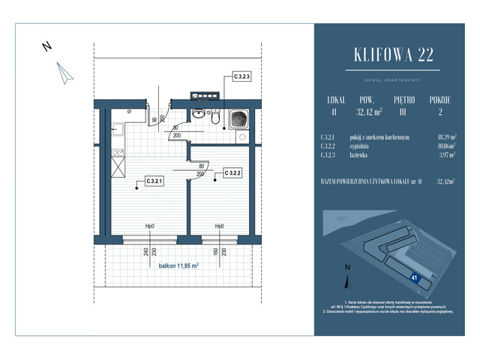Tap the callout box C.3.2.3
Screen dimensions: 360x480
241,76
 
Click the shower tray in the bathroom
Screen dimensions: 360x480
238,118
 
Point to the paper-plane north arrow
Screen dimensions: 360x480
64,71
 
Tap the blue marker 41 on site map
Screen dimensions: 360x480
415,277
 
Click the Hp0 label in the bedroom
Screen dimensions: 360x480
219,226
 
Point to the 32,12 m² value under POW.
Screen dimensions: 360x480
368,112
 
